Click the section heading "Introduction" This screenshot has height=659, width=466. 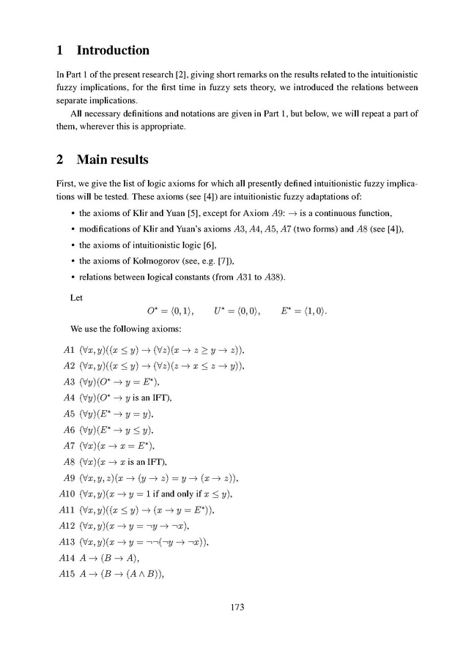pyautogui.click(x=113, y=51)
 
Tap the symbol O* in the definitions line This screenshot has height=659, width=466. pyautogui.click(x=154, y=312)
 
